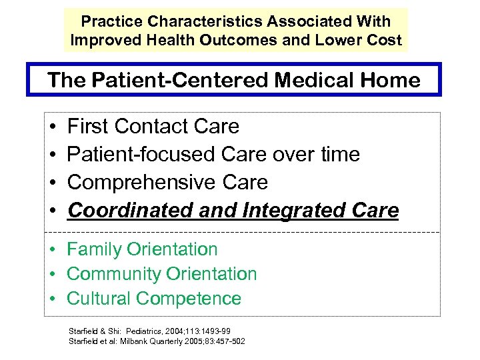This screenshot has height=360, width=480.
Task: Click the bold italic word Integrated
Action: click(x=271, y=211)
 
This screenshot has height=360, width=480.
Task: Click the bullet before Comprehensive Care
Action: click(x=51, y=183)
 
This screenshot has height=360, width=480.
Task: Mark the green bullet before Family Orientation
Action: click(x=51, y=250)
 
